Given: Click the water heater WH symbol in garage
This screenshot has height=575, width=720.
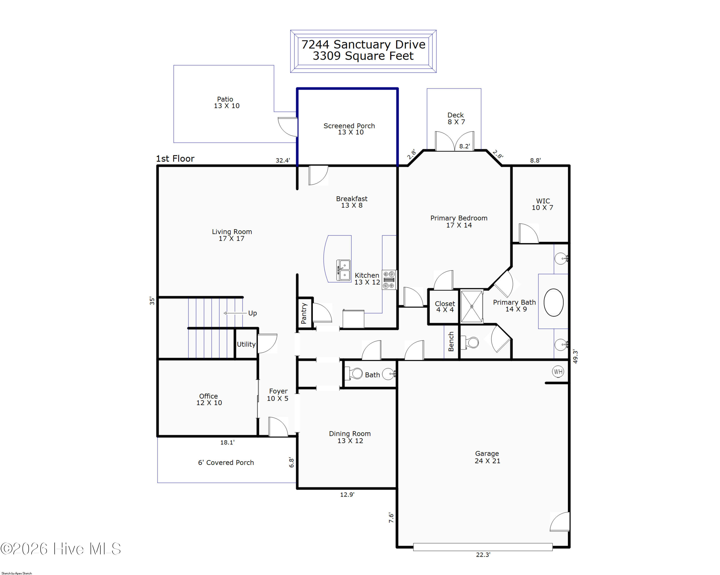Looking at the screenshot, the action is tap(558, 371).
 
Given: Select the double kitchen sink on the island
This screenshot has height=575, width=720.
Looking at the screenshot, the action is tap(343, 270).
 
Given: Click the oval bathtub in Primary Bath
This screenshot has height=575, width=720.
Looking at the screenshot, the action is tap(553, 302).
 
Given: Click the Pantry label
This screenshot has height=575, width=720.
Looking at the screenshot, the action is tap(304, 313).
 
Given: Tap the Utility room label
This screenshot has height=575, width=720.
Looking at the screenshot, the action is tap(246, 344).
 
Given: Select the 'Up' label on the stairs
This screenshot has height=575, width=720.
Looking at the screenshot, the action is tap(252, 313).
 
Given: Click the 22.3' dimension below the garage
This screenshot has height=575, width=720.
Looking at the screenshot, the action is tap(483, 555).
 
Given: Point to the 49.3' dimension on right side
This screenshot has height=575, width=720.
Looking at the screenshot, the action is tap(575, 356).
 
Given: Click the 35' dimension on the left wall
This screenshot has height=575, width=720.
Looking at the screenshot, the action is tap(152, 301).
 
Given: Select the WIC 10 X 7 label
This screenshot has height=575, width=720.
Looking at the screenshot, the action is tap(543, 204).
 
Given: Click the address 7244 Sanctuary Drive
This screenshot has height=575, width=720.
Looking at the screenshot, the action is tap(363, 44).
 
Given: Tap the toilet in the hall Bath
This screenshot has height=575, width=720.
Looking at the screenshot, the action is tap(353, 373).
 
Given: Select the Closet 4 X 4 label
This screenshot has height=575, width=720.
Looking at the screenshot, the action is tap(445, 307).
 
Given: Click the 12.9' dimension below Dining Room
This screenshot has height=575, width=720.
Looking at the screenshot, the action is tap(347, 495).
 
